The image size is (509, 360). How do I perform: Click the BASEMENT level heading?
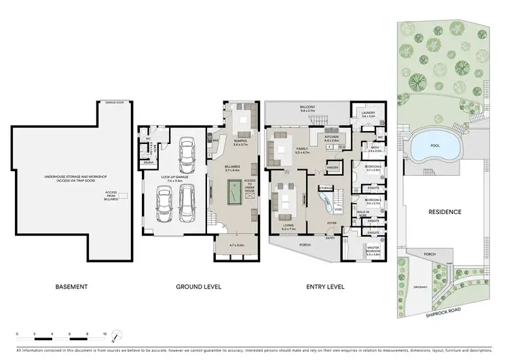coord(71,287)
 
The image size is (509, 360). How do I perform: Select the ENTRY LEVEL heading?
coord(323,287)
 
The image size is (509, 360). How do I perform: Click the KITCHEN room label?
coord(331,137)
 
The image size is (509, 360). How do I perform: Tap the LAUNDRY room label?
coord(369,113)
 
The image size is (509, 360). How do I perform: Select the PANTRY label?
coord(333,167)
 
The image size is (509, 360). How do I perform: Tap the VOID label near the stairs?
coord(329,209)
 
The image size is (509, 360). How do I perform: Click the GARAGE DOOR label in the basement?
coord(111,102)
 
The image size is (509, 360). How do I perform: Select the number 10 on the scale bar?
coord(105,334)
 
